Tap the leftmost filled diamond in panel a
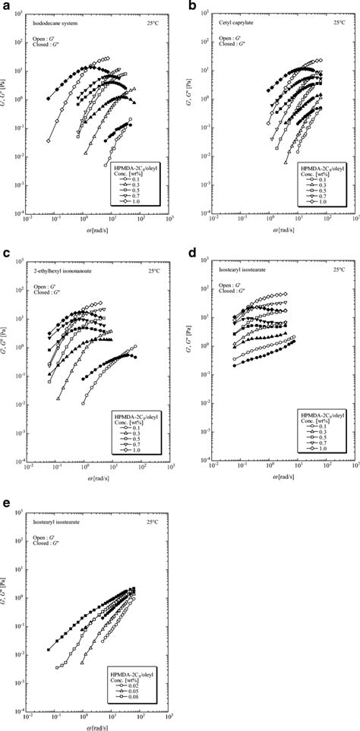pyautogui.click(x=49, y=99)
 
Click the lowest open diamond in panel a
pyautogui.click(x=49, y=140)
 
